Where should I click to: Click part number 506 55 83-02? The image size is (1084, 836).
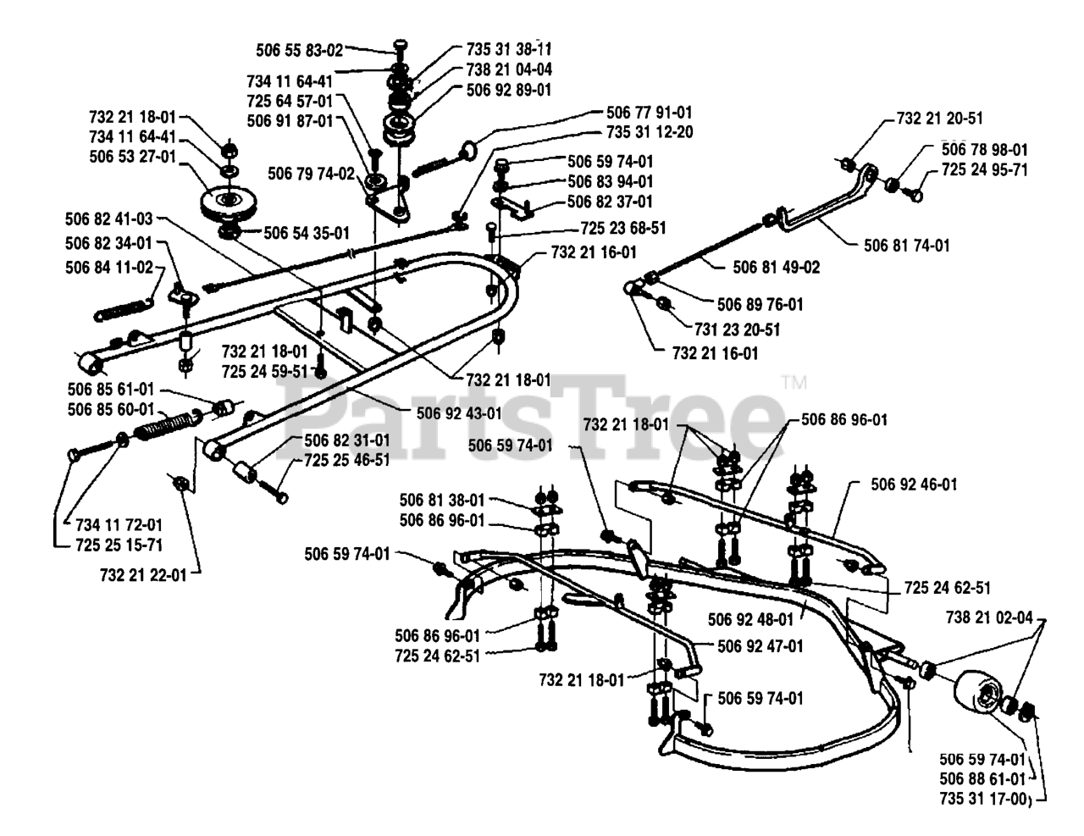click(x=300, y=50)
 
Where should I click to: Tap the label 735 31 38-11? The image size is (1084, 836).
click(x=509, y=49)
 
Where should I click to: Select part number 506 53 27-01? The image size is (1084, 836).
click(x=133, y=157)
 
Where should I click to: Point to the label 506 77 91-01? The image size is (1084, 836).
click(x=650, y=113)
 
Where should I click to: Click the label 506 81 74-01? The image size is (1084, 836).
click(x=907, y=246)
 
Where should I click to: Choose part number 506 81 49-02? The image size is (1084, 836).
click(x=777, y=268)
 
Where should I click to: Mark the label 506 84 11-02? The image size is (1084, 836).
click(x=109, y=268)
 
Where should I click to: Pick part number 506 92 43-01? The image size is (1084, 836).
click(x=460, y=413)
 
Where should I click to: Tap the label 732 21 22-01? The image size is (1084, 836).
click(x=143, y=575)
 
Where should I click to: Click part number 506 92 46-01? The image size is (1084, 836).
click(x=914, y=484)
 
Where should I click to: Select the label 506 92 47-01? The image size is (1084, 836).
click(x=760, y=646)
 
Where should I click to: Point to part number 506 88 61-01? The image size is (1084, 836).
click(x=982, y=778)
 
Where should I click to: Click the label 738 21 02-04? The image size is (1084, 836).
click(x=989, y=617)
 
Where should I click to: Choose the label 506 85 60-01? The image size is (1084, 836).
click(x=111, y=409)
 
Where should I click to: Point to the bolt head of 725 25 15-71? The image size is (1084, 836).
click(x=74, y=455)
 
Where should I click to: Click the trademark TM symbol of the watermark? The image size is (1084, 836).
click(x=794, y=383)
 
